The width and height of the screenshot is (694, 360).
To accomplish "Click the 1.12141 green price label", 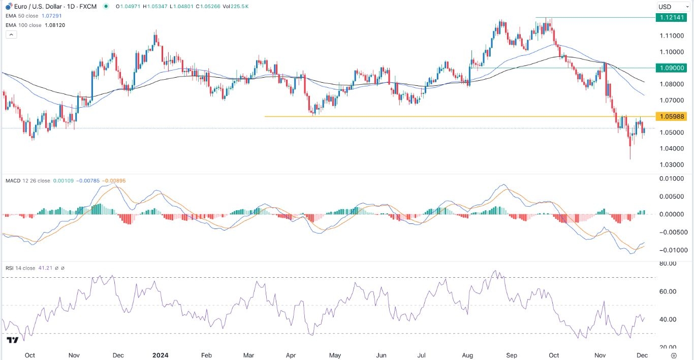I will tap(671, 17).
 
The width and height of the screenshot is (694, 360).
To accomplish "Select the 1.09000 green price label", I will tap(671, 68).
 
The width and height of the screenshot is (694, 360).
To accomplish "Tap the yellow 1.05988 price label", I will tap(671, 117).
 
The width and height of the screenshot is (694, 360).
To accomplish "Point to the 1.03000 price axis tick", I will tap(671, 165).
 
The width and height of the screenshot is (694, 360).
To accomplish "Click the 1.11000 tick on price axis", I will tap(671, 36).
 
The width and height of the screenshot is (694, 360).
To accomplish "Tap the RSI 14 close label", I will tap(20, 268).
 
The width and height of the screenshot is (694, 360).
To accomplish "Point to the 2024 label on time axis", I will tap(161, 355).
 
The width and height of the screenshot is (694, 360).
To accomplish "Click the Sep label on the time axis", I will tap(512, 355).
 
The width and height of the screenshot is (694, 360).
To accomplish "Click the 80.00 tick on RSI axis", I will tap(668, 264).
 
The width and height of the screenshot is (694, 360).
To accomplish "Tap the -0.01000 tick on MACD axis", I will tap(669, 250).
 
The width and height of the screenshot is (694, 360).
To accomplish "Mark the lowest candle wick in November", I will tap(630, 158).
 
